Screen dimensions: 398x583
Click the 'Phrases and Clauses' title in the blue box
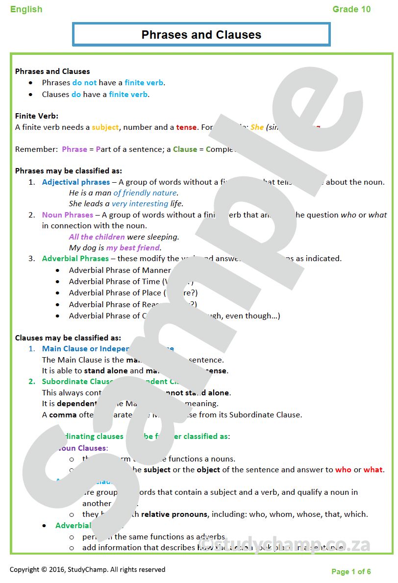tap(201, 35)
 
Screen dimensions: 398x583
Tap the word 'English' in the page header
tap(26, 9)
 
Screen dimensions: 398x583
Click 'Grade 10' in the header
tap(351, 9)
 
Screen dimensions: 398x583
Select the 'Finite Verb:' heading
tap(37, 116)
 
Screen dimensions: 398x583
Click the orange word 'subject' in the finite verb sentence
tap(105, 127)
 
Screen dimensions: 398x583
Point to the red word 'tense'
tap(186, 127)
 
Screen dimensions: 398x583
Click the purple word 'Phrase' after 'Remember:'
tap(75, 149)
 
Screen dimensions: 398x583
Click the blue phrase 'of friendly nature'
tap(145, 193)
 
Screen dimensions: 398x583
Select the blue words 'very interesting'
tap(140, 204)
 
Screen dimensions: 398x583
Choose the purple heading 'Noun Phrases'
tap(67, 215)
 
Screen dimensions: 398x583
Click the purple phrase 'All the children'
tap(97, 237)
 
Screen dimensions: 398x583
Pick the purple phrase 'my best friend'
tap(133, 248)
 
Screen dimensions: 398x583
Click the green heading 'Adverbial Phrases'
tap(75, 259)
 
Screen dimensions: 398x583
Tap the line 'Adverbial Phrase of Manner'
tap(120, 270)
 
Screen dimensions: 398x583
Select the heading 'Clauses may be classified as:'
tap(68, 338)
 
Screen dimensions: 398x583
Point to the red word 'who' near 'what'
tap(343, 470)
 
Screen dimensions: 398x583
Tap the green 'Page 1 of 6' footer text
tap(351, 572)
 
